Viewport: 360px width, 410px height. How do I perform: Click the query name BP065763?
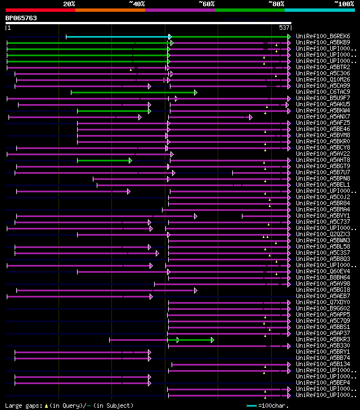pyautogui.click(x=21, y=18)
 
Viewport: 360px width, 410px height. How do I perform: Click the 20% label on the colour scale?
pyautogui.click(x=69, y=4)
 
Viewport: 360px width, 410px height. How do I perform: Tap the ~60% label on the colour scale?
pyautogui.click(x=206, y=4)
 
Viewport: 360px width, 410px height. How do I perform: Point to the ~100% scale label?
pyautogui.click(x=344, y=4)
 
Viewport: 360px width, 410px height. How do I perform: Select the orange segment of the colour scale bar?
pyautogui.click(x=110, y=10)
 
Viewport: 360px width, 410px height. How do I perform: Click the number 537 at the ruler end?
pyautogui.click(x=284, y=28)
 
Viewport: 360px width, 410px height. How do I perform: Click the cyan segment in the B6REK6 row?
pyautogui.click(x=118, y=37)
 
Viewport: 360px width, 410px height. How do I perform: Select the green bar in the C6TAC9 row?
pyautogui.click(x=133, y=92)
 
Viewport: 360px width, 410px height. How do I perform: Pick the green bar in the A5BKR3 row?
pyautogui.click(x=195, y=340)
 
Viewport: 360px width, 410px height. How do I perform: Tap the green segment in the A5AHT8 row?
pyautogui.click(x=103, y=160)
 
